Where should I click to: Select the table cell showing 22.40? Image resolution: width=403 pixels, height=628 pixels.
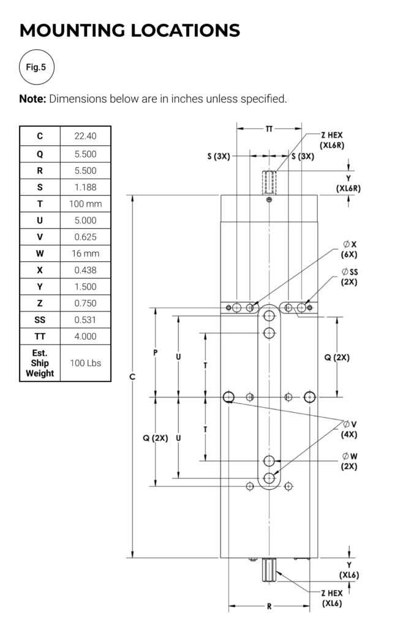click(x=85, y=136)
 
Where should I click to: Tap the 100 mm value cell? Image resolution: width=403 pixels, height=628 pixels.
click(x=85, y=203)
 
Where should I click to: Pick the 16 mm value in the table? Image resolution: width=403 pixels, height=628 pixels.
click(x=85, y=253)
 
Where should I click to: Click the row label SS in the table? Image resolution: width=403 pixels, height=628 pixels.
click(x=40, y=320)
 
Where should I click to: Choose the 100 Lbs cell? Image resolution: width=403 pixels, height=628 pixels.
click(x=85, y=363)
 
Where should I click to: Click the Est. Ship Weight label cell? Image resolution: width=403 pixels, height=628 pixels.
click(x=40, y=363)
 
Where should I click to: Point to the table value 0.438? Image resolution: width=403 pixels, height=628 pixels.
click(x=85, y=270)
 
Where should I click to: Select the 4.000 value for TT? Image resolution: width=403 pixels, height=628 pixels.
click(x=85, y=336)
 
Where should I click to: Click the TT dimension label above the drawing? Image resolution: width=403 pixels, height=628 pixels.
click(x=269, y=129)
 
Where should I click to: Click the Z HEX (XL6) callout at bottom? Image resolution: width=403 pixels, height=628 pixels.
click(x=333, y=599)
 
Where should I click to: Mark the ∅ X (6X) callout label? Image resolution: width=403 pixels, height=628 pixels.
click(x=350, y=250)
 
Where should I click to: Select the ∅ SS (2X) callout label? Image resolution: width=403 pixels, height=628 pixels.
click(x=350, y=277)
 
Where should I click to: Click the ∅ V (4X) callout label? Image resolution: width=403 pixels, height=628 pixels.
click(x=350, y=429)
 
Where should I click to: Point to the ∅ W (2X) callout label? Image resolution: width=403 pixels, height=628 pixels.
click(x=350, y=461)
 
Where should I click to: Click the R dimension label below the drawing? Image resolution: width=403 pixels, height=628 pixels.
click(x=269, y=607)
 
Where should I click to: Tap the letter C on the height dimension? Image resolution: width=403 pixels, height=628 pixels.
click(x=133, y=376)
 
